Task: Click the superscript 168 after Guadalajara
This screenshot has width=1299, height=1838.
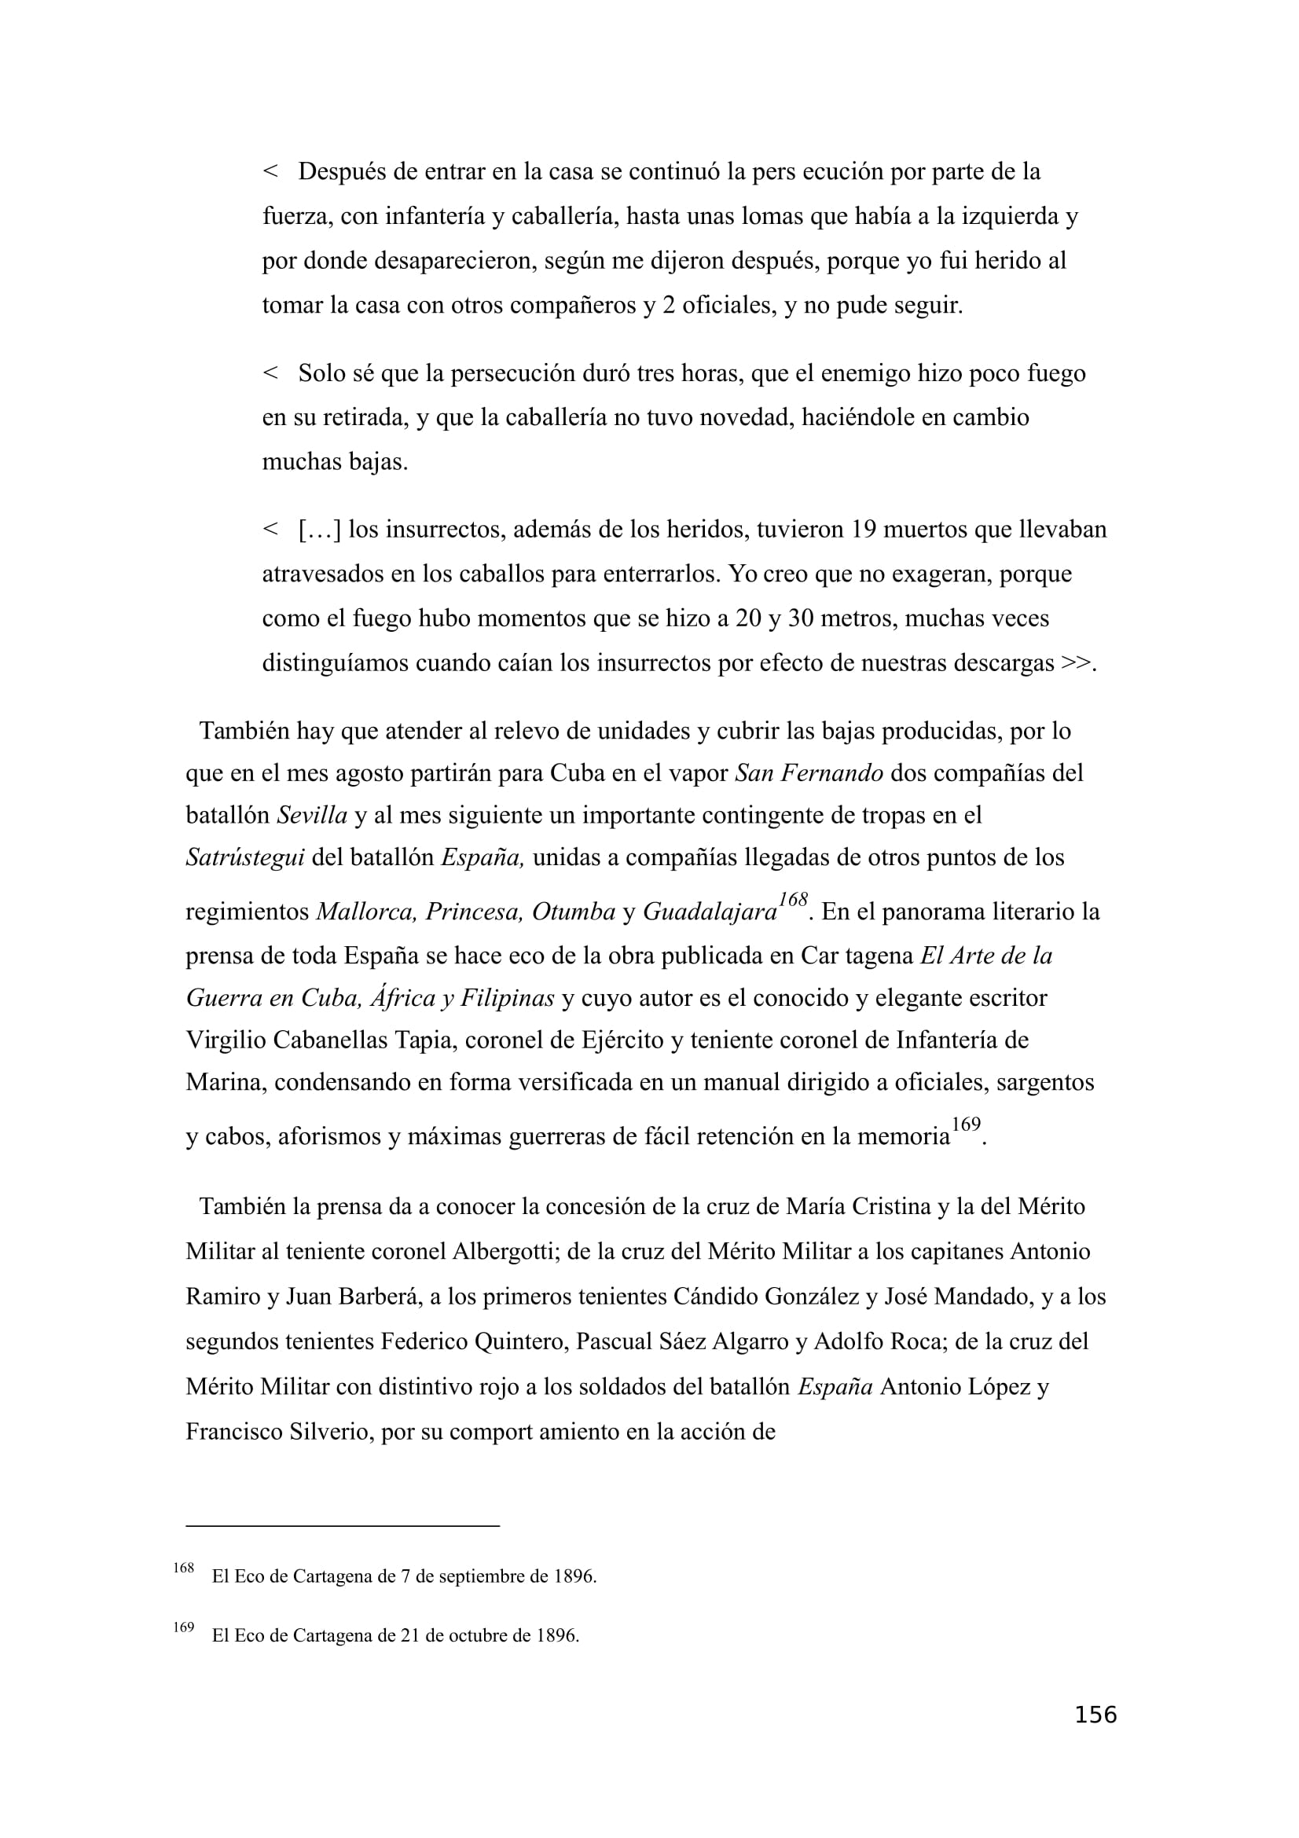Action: pyautogui.click(x=792, y=900)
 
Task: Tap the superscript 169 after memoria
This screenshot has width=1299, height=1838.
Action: pyautogui.click(x=966, y=1124)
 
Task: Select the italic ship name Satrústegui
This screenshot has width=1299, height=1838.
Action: pyautogui.click(x=245, y=857)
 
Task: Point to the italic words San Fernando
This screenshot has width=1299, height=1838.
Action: pyautogui.click(x=809, y=772)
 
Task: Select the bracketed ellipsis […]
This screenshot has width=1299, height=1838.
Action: pyautogui.click(x=319, y=529)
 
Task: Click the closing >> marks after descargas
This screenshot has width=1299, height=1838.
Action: pyautogui.click(x=1077, y=663)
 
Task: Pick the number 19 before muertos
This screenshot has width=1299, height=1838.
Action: pyautogui.click(x=864, y=529)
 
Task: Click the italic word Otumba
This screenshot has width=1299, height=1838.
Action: pyautogui.click(x=573, y=912)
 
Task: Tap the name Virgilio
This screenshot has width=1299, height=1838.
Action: pyautogui.click(x=226, y=1040)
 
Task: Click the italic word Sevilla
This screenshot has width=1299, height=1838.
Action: pyautogui.click(x=312, y=815)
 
